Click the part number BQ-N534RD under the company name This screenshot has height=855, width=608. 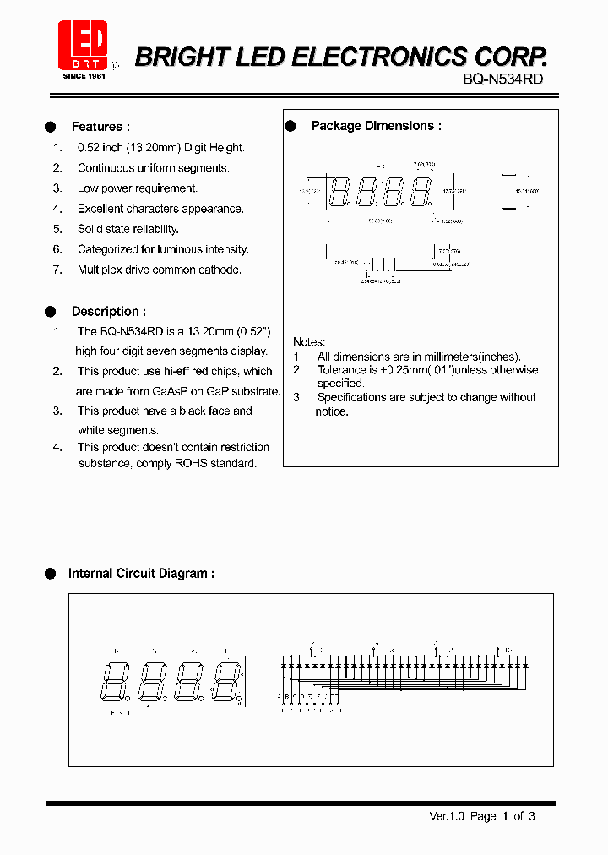point(503,79)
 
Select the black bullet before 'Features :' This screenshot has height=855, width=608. point(50,127)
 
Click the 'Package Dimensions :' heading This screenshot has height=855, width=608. point(376,126)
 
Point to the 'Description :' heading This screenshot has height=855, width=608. point(108,312)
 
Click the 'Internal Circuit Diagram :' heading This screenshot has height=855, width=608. point(141,574)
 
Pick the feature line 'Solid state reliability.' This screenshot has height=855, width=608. point(128,229)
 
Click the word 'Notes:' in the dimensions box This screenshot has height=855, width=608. point(309,342)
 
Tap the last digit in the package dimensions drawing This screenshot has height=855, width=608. point(421,193)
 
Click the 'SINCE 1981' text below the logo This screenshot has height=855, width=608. point(83,76)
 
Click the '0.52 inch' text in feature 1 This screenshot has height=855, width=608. point(100,148)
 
